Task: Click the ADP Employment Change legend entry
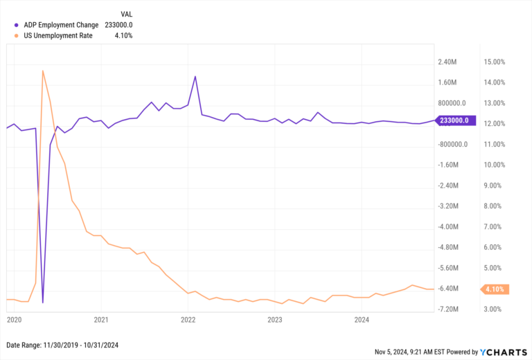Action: click(61, 25)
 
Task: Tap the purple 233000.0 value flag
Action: click(453, 120)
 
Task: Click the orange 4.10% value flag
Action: click(495, 289)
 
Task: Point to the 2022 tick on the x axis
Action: click(188, 320)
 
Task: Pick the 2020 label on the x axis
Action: click(14, 320)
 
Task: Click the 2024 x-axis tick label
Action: click(362, 320)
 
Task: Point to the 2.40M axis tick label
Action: click(448, 62)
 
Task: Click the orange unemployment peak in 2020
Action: click(43, 71)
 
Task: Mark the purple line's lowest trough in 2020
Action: click(43, 303)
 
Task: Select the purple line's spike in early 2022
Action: click(195, 76)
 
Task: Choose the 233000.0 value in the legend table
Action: click(118, 25)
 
